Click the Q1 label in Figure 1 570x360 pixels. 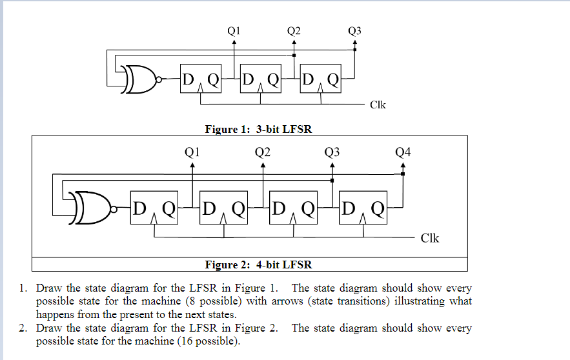pyautogui.click(x=234, y=30)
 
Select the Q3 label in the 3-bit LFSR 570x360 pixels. pyautogui.click(x=354, y=30)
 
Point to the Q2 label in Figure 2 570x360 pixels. pyautogui.click(x=262, y=152)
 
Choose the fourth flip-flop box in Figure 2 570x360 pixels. pyautogui.click(x=363, y=208)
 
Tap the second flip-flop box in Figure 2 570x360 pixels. pyautogui.click(x=223, y=208)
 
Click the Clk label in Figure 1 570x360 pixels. pyautogui.click(x=378, y=105)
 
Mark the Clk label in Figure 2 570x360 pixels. pyautogui.click(x=429, y=238)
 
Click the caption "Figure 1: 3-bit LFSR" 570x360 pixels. pyautogui.click(x=258, y=129)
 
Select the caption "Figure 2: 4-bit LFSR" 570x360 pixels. pyautogui.click(x=258, y=265)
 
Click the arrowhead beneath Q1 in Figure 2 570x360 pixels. pyautogui.click(x=192, y=165)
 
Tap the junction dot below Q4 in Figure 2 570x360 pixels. pyautogui.click(x=402, y=173)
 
